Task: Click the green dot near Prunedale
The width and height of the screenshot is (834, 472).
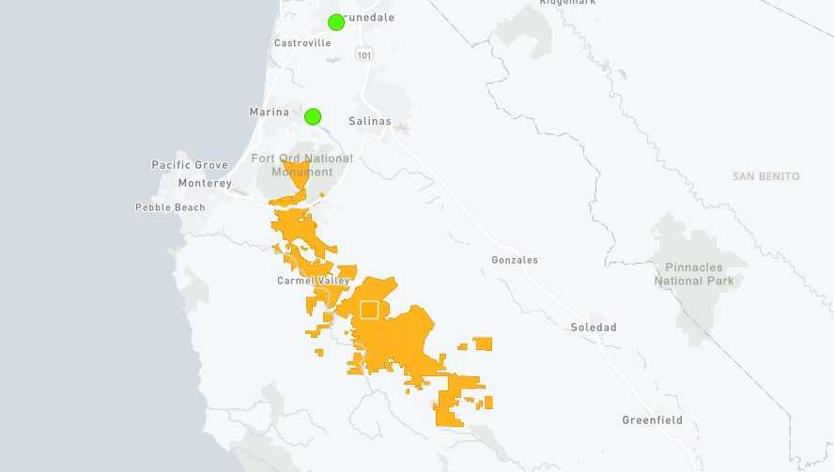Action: pos(336,23)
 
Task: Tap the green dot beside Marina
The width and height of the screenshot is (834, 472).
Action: pos(313,116)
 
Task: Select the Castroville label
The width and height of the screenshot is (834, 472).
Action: pos(302,43)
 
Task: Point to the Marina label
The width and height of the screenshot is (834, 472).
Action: pos(269,113)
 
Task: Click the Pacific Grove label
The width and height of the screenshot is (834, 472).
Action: pos(190,165)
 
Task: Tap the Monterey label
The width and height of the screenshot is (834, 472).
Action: pos(204,183)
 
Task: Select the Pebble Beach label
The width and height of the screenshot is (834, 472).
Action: pos(170,207)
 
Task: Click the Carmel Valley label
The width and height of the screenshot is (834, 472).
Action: pos(313,281)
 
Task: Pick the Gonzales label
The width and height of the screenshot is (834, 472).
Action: pos(515,260)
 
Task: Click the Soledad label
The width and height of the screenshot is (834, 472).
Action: pos(594,327)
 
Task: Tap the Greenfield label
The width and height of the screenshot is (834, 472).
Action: pos(652,419)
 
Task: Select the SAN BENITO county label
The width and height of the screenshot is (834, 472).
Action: pos(765,176)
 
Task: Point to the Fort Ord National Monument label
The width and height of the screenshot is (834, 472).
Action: pos(301,165)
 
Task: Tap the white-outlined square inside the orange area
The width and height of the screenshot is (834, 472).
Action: pos(369,310)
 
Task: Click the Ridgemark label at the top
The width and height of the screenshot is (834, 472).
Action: pos(567,3)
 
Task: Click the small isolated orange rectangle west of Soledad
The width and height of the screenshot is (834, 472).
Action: pos(483,343)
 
